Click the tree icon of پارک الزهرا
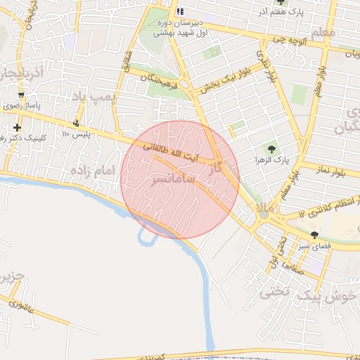pyautogui.click(x=271, y=148)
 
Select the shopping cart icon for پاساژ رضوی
pyautogui.click(x=21, y=95)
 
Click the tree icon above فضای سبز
pyautogui.click(x=314, y=235)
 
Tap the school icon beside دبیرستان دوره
pyautogui.click(x=180, y=11)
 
